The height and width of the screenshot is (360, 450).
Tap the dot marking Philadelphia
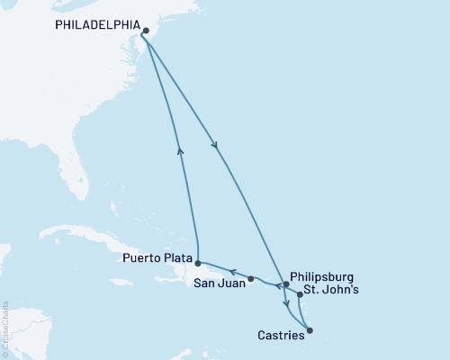(145, 30)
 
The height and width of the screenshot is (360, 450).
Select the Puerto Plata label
(154, 257)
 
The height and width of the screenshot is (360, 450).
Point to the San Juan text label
(218, 283)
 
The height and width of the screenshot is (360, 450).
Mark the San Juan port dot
(251, 278)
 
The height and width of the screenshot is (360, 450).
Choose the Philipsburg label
(324, 276)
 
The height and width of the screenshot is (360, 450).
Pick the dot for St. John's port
(300, 294)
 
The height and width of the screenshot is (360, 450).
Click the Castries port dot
(310, 330)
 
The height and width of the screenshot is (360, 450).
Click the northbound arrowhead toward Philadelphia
(180, 151)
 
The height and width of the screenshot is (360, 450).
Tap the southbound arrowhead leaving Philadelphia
(214, 146)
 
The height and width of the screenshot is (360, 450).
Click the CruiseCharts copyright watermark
(5, 328)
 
